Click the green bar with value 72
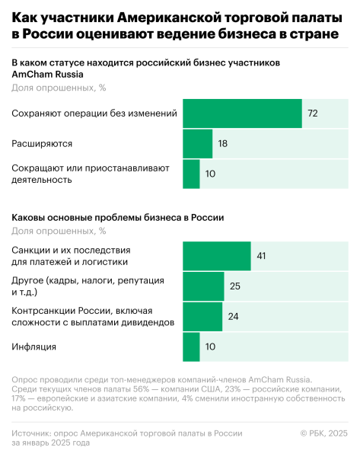pyautogui.click(x=242, y=113)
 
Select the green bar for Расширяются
pyautogui.click(x=197, y=143)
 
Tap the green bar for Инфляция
pyautogui.click(x=191, y=347)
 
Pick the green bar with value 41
pyautogui.click(x=216, y=256)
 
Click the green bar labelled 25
pyautogui.click(x=203, y=286)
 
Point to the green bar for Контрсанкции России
pyautogui.click(x=202, y=316)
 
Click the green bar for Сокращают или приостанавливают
pyautogui.click(x=191, y=174)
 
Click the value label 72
pyautogui.click(x=312, y=113)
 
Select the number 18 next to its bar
pyautogui.click(x=223, y=143)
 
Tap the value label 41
pyautogui.click(x=260, y=256)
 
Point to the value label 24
pyautogui.click(x=234, y=316)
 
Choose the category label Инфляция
pyautogui.click(x=34, y=347)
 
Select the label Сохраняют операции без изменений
pyautogui.click(x=94, y=113)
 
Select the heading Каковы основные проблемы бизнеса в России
pyautogui.click(x=118, y=217)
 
